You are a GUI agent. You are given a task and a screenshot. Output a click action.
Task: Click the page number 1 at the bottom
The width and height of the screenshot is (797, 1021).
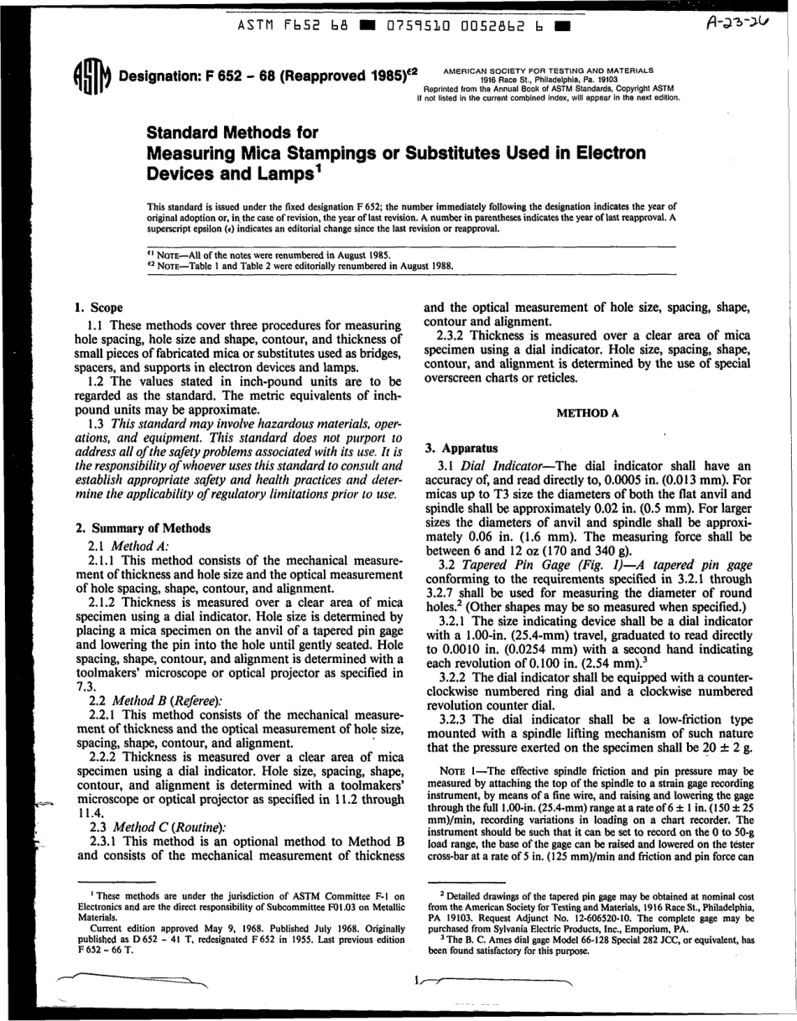coord(416,980)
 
